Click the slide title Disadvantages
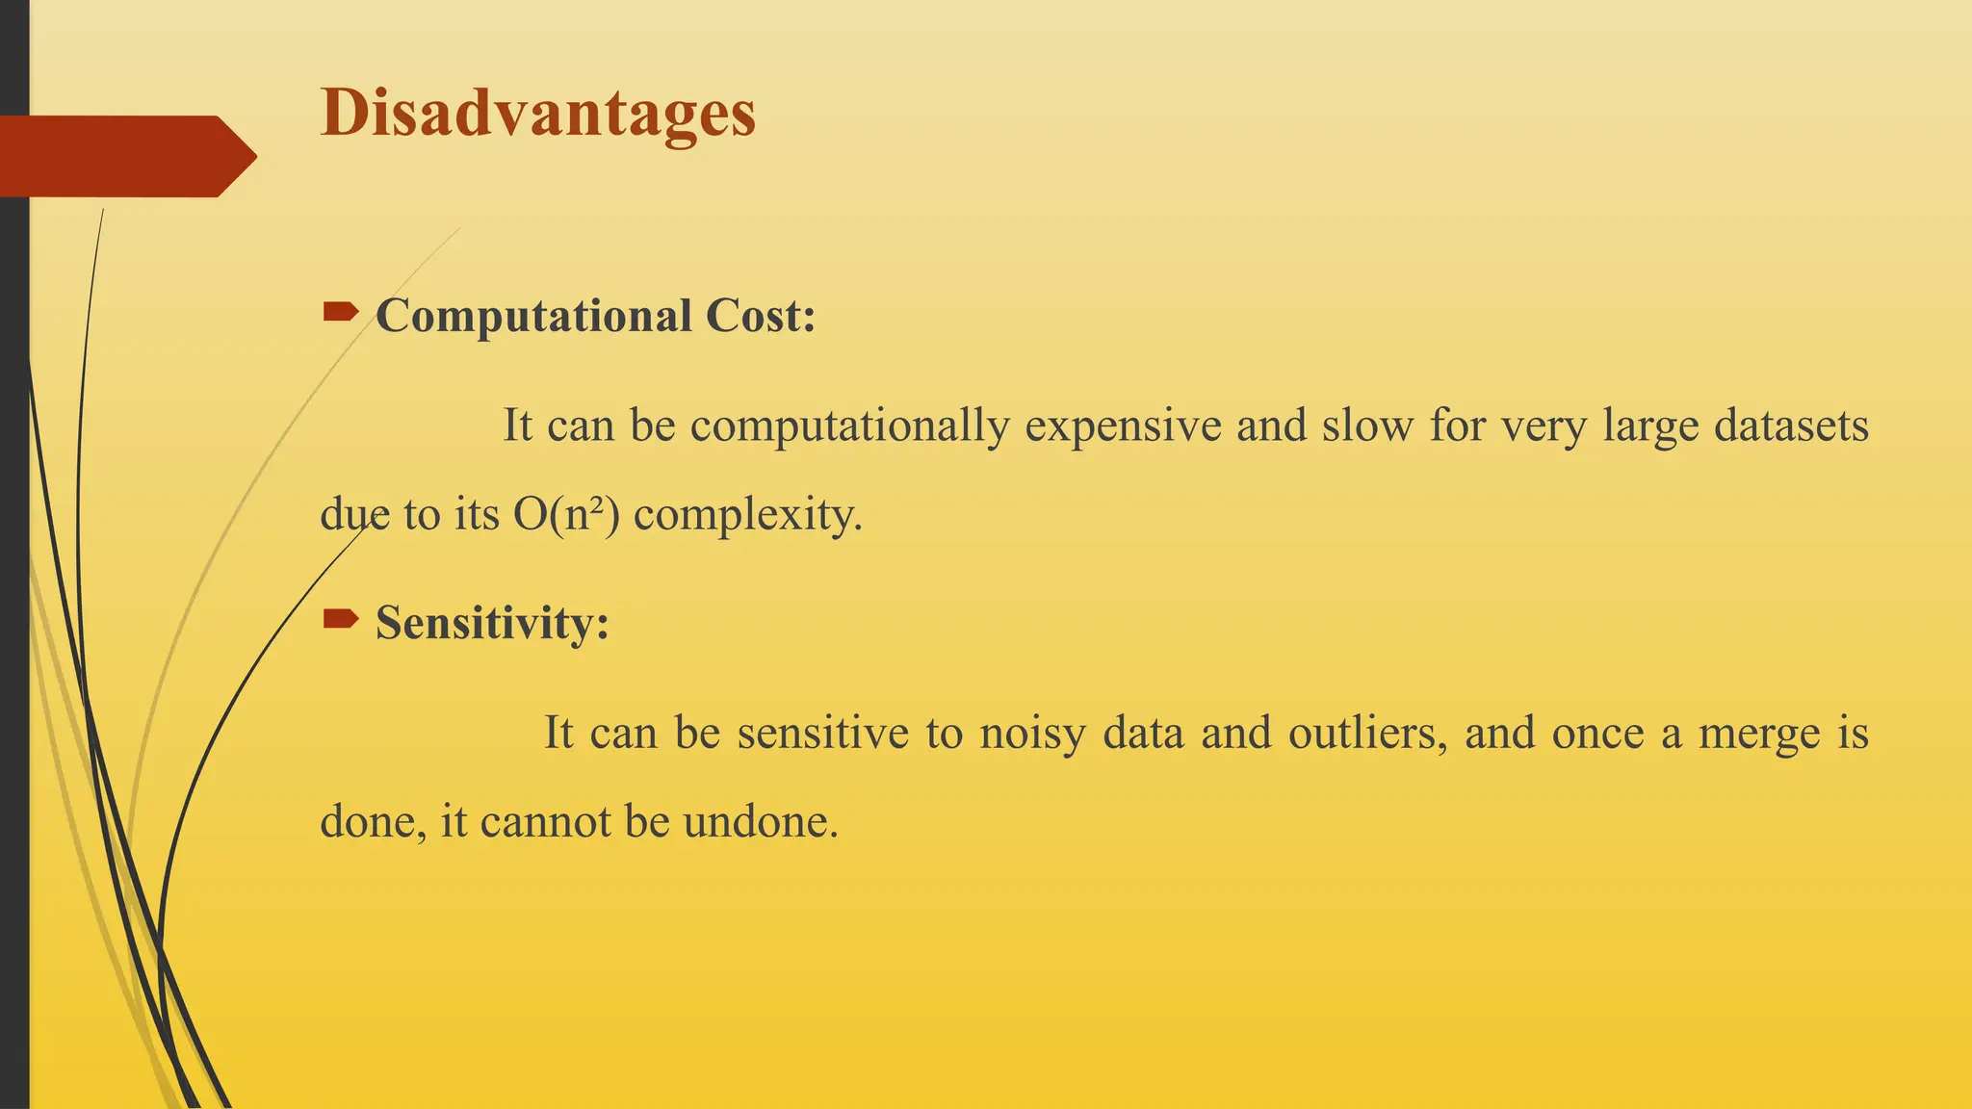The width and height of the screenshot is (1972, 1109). coord(537,114)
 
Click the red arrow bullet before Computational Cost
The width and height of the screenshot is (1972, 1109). coord(340,311)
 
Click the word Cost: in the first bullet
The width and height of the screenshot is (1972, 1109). coord(761,317)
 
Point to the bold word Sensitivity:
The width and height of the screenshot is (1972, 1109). coord(492,623)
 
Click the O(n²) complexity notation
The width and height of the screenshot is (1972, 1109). coord(566,515)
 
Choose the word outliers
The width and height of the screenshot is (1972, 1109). coord(1367,734)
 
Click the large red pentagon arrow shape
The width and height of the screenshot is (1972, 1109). coord(125,156)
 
